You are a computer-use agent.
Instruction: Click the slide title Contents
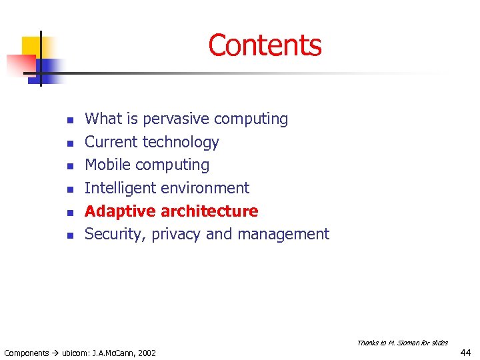[265, 45]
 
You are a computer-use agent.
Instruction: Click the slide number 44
[466, 352]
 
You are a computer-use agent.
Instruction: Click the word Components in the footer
[27, 353]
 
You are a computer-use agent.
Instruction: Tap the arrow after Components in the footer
[56, 353]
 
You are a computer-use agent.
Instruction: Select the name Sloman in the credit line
[407, 343]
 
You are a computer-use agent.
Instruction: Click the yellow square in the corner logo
[33, 47]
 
